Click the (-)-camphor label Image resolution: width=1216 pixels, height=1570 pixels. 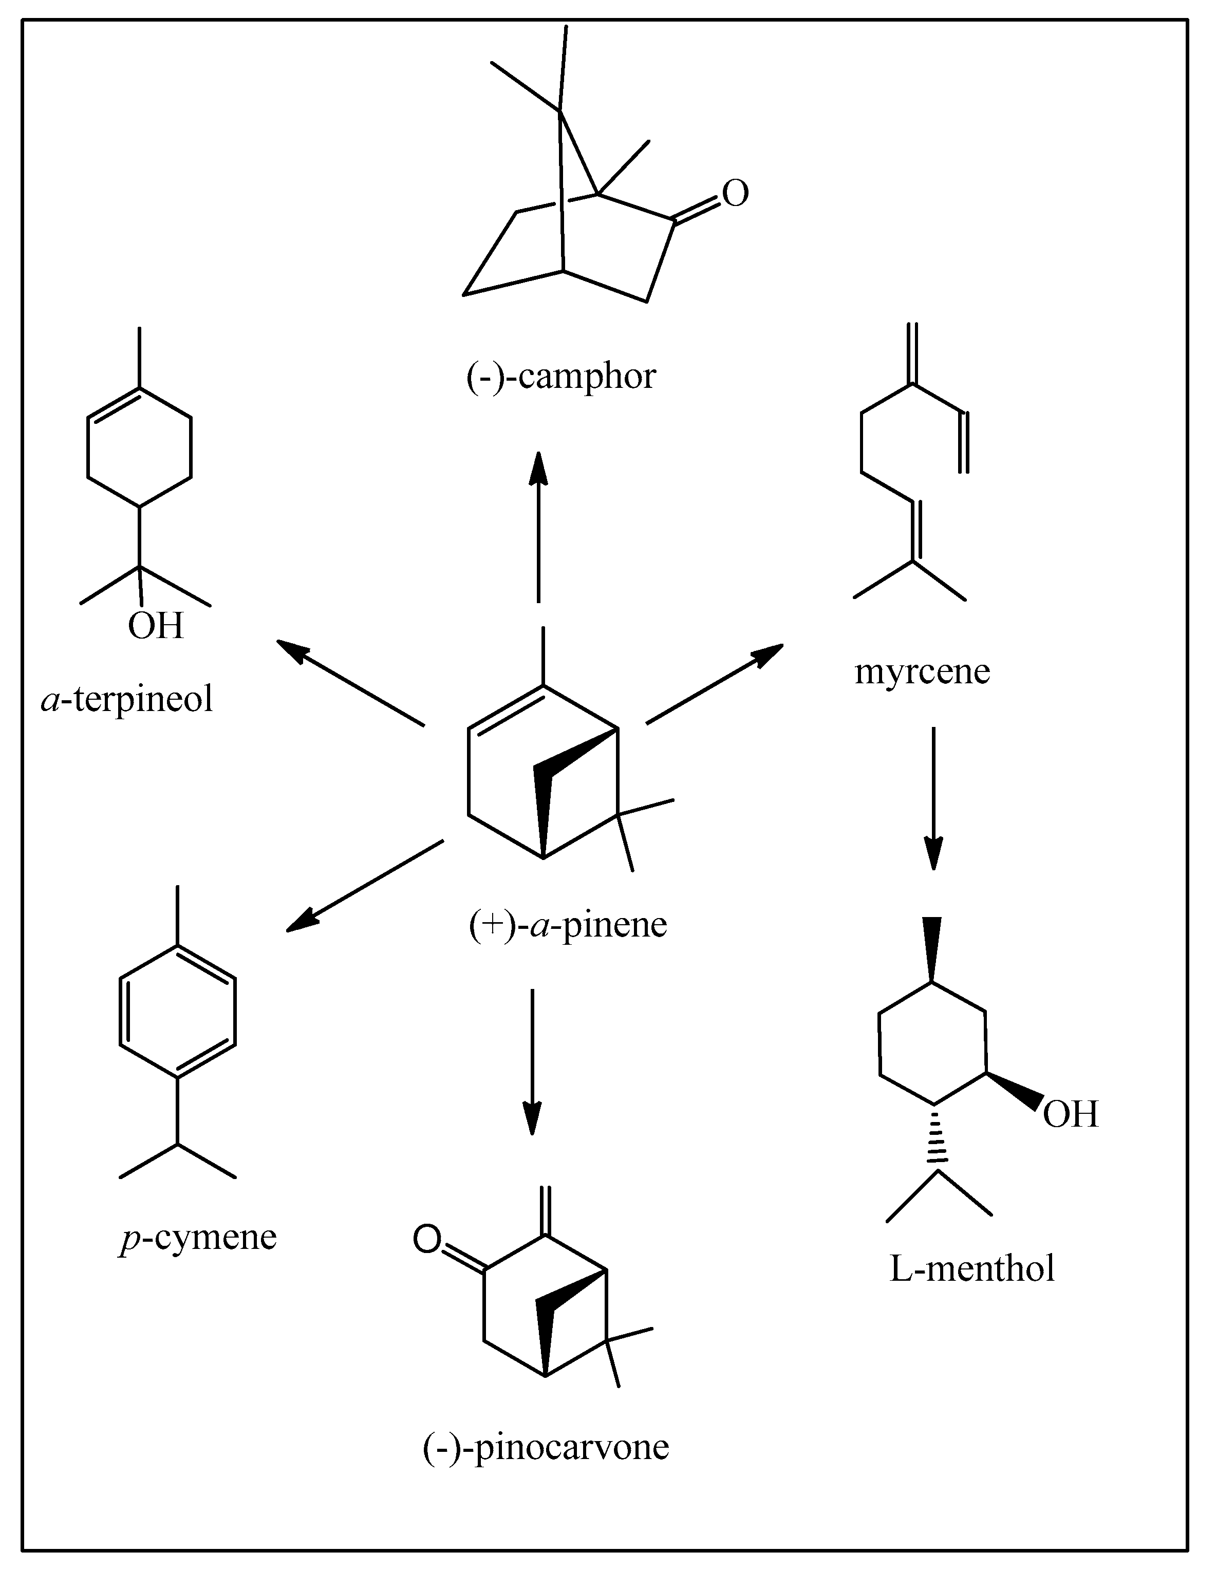[560, 377]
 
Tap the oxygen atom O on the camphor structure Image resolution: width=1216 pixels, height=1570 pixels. [735, 193]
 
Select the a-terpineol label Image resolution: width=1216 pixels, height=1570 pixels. [127, 699]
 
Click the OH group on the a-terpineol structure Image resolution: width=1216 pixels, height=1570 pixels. [155, 625]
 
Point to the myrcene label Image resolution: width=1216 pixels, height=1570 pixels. [922, 671]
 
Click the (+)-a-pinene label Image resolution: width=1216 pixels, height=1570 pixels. [568, 924]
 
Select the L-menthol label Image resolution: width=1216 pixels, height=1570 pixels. [971, 1268]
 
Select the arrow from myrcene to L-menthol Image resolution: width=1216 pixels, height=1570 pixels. [933, 798]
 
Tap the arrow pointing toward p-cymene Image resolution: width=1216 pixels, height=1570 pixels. [365, 886]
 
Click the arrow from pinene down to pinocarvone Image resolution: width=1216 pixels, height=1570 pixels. [532, 1062]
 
